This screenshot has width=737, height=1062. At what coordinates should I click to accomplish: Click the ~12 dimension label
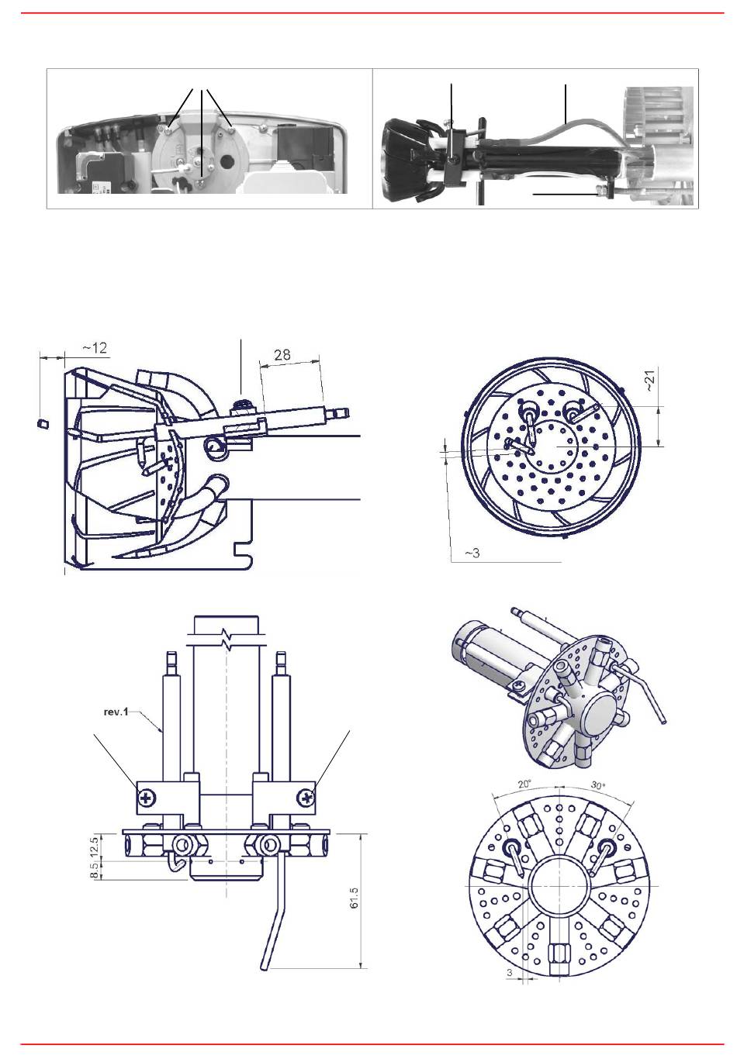tap(95, 349)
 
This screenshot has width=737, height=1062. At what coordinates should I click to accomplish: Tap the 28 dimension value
tap(282, 355)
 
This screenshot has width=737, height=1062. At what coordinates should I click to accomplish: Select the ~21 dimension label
tap(651, 381)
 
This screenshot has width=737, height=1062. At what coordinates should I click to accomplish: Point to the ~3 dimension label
tap(472, 553)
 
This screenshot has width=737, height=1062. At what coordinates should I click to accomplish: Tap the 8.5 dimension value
tap(94, 870)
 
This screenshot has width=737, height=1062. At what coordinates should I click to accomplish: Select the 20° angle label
tap(524, 784)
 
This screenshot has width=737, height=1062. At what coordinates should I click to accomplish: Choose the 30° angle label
tap(598, 785)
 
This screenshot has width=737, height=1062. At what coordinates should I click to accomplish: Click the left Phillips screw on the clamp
tap(146, 799)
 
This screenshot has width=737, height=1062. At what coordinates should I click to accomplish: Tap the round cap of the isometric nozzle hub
tap(606, 716)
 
